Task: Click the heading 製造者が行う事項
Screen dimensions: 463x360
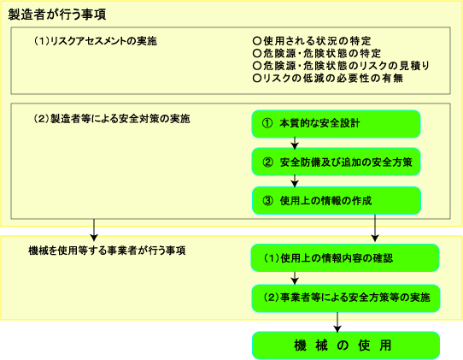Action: point(56,15)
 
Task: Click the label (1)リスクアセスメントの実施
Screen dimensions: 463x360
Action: point(95,41)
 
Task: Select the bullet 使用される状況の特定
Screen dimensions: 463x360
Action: point(312,41)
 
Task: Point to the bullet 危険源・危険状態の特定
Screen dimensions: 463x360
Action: point(317,54)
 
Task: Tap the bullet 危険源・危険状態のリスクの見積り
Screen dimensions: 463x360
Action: point(341,66)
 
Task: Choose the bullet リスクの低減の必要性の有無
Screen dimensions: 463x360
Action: point(328,78)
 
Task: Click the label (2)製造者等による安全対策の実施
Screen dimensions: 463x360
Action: point(112,119)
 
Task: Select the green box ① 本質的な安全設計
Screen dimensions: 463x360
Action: point(336,124)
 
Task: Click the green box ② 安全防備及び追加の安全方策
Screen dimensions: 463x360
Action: point(336,162)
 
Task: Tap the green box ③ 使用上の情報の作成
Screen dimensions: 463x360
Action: point(336,200)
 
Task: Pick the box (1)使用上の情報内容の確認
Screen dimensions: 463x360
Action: point(345,257)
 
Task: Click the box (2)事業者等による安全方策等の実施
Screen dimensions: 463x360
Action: point(345,298)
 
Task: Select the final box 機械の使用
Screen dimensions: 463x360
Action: point(346,345)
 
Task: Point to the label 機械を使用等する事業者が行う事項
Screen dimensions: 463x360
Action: point(107,251)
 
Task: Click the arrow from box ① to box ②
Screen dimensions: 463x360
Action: point(295,143)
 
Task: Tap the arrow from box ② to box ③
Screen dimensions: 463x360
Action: point(295,181)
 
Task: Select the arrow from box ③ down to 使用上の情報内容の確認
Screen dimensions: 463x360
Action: point(375,227)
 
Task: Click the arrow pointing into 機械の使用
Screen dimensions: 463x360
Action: point(337,322)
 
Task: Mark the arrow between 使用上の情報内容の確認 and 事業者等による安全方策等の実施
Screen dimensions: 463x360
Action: point(295,278)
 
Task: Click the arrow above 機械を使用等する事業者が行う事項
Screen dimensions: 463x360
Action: point(94,230)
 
